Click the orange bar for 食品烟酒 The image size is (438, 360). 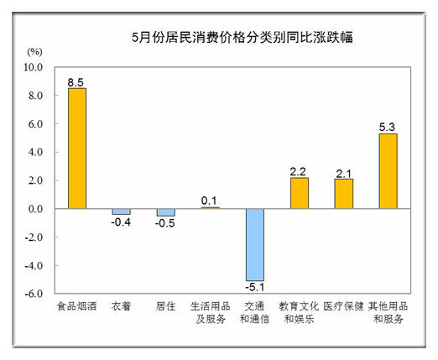tap(77, 149)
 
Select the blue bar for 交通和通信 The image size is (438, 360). tap(255, 245)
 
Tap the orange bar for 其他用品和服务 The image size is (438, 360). tap(388, 171)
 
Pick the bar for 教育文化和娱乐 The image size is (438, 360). tap(300, 193)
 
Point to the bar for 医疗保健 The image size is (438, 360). tap(344, 194)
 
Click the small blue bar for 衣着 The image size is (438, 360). tap(122, 211)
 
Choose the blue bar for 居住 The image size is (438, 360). tap(166, 212)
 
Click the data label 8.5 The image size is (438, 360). tap(76, 82)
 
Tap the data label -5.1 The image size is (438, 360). tap(255, 287)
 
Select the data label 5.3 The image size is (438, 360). tap(387, 128)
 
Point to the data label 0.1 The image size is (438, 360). tap(209, 201)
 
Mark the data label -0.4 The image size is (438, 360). tap(121, 222)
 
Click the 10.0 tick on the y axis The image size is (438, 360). tap(34, 67)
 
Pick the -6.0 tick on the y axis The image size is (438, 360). tap(34, 294)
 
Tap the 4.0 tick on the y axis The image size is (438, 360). tap(35, 152)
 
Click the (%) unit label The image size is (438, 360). tap(34, 52)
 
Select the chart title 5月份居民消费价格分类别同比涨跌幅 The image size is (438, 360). tap(242, 38)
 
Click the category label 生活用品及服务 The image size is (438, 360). tap(211, 312)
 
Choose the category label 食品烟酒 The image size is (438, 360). tap(77, 306)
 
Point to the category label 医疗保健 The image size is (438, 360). tap(344, 306)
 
